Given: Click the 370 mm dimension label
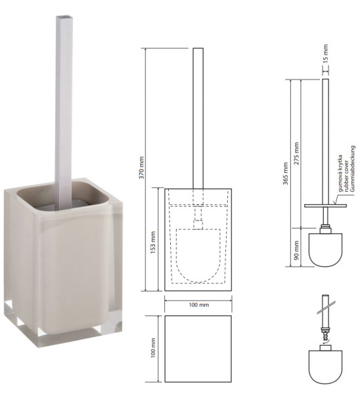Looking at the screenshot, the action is click(142, 167).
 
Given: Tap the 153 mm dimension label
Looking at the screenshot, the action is click(153, 242).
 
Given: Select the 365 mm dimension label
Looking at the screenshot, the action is click(286, 173).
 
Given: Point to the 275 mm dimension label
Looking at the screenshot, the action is click(297, 153).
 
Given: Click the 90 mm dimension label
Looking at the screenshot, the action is click(297, 250).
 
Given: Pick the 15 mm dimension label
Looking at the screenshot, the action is click(326, 53).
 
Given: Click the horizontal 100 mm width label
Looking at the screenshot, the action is click(199, 305).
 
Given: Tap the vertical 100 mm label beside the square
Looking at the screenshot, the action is click(153, 347).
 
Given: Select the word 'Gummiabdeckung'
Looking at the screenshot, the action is click(353, 169).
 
